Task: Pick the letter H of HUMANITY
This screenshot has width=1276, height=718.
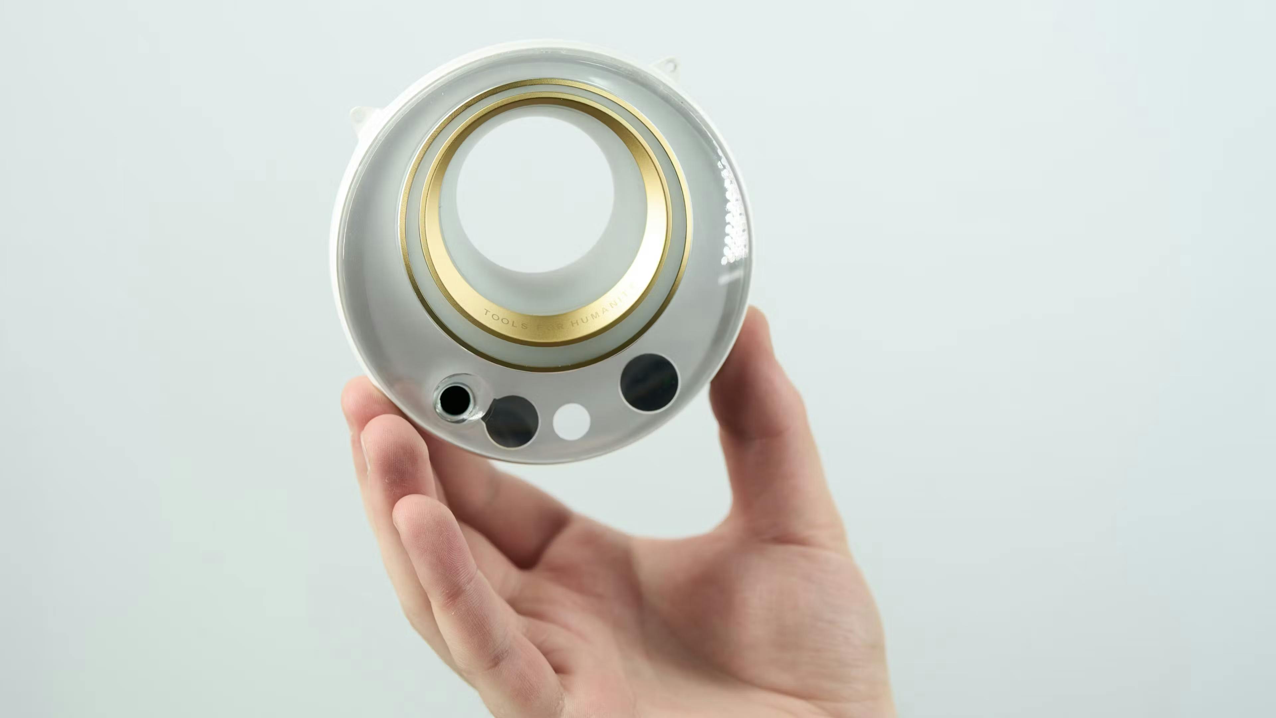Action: click(574, 325)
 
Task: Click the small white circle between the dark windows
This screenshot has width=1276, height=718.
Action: click(571, 421)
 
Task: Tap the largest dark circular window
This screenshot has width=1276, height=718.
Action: click(649, 382)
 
